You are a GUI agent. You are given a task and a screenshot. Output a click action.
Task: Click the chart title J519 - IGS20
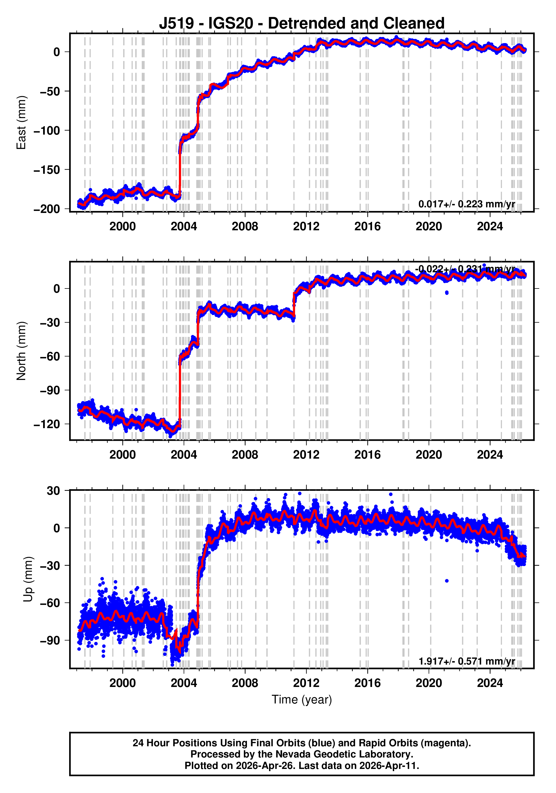tap(301, 24)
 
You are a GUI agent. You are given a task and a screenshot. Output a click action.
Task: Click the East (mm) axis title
tap(22, 123)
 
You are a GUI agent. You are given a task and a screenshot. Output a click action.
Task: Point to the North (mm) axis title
tap(22, 351)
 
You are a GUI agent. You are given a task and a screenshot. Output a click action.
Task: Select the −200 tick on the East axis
tap(47, 209)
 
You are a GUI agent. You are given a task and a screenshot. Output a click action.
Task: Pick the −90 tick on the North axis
tap(50, 390)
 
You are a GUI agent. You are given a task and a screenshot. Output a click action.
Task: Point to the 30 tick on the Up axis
tap(53, 491)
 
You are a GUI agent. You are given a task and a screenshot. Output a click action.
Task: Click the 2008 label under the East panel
tap(245, 227)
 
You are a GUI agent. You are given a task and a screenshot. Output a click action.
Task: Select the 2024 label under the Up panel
tap(490, 683)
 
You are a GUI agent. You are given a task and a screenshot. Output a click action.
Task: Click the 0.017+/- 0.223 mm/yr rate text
tap(466, 204)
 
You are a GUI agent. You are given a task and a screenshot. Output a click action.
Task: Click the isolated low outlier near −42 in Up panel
tap(447, 581)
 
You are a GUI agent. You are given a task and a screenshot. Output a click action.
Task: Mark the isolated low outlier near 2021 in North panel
tap(447, 292)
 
